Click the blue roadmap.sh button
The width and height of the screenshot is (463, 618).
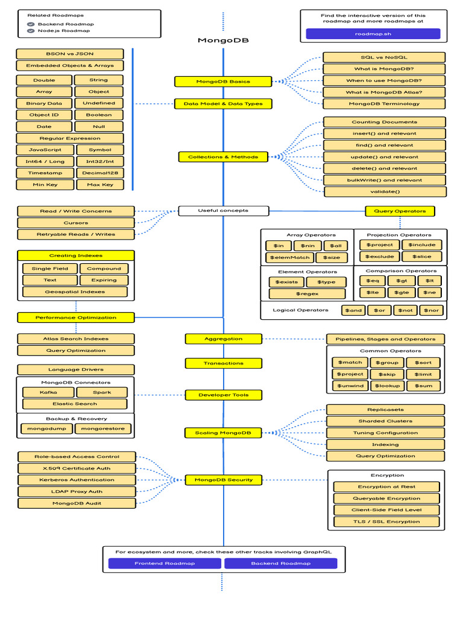click(373, 34)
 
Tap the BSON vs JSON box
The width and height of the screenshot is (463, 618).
click(70, 54)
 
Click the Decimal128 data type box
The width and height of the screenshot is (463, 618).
click(99, 173)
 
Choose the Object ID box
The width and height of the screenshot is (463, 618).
click(44, 115)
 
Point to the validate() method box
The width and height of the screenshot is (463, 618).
click(385, 192)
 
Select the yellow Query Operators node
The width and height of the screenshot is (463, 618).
click(400, 211)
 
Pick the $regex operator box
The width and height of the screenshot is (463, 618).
click(307, 293)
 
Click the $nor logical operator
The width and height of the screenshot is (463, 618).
click(430, 310)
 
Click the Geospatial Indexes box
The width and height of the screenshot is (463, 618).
click(75, 291)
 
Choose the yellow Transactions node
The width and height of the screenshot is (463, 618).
click(223, 363)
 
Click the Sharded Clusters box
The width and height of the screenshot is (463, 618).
click(385, 421)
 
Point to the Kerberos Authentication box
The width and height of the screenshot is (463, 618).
click(76, 480)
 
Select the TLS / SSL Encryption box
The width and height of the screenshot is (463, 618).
click(386, 521)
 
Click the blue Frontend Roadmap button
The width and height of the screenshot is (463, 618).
click(164, 563)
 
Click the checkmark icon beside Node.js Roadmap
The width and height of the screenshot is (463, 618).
click(31, 31)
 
